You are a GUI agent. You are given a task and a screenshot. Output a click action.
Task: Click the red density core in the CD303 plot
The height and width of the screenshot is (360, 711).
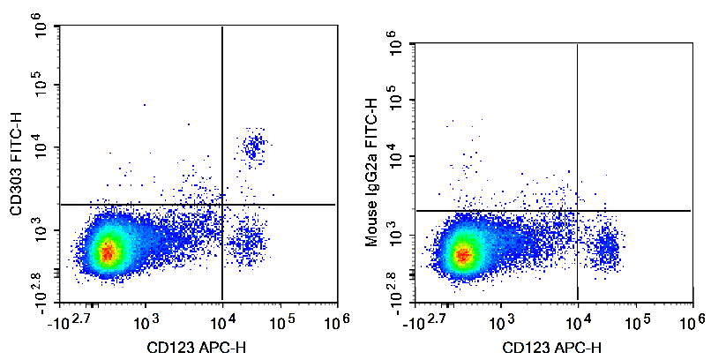[x=107, y=252]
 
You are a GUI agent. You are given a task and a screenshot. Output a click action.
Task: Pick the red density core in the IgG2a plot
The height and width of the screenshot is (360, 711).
[x=462, y=256]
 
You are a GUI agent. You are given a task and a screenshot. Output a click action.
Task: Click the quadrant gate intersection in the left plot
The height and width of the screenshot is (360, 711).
[x=222, y=205]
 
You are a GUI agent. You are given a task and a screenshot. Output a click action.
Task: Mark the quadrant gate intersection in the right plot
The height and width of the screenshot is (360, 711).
[x=577, y=211]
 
